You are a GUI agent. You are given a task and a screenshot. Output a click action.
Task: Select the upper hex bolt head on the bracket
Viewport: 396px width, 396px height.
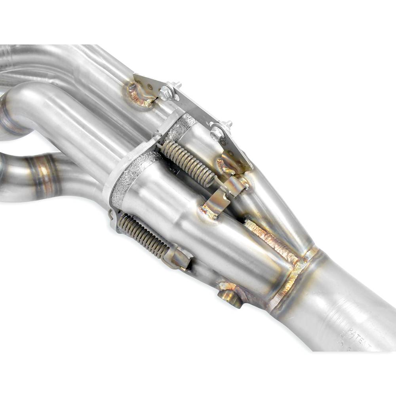[x=166, y=94]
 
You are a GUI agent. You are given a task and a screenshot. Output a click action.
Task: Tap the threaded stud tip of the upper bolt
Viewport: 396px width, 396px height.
[x=177, y=85]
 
